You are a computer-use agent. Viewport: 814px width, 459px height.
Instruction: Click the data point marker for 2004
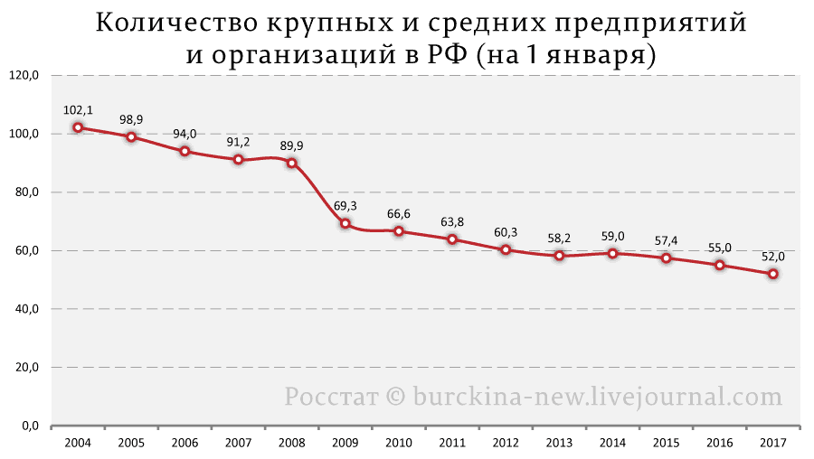pyautogui.click(x=78, y=127)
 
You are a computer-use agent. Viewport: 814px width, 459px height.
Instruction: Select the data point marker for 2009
pyautogui.click(x=345, y=223)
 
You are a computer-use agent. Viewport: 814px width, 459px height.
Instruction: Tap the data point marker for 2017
pyautogui.click(x=773, y=274)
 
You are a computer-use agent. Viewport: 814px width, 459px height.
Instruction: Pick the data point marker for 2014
pyautogui.click(x=613, y=253)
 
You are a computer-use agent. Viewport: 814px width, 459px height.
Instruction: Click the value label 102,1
pyautogui.click(x=78, y=110)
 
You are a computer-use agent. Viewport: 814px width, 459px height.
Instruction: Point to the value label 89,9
pyautogui.click(x=292, y=145)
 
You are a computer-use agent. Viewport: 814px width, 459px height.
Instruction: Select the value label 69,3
pyautogui.click(x=345, y=206)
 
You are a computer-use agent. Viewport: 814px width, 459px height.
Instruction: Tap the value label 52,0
pyautogui.click(x=773, y=257)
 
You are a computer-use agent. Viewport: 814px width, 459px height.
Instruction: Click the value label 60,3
pyautogui.click(x=506, y=232)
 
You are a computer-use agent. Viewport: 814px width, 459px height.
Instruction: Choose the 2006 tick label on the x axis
pyautogui.click(x=185, y=443)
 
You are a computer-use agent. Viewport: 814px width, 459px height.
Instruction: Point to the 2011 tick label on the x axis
pyautogui.click(x=452, y=443)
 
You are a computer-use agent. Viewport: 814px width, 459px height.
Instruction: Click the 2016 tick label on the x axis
pyautogui.click(x=720, y=443)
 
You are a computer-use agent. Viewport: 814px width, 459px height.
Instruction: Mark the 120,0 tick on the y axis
pyautogui.click(x=24, y=76)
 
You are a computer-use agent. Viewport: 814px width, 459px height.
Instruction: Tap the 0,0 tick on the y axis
pyautogui.click(x=29, y=426)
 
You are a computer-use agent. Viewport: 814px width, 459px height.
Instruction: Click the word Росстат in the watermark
pyautogui.click(x=329, y=396)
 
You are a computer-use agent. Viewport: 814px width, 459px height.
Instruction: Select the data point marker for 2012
pyautogui.click(x=506, y=249)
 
